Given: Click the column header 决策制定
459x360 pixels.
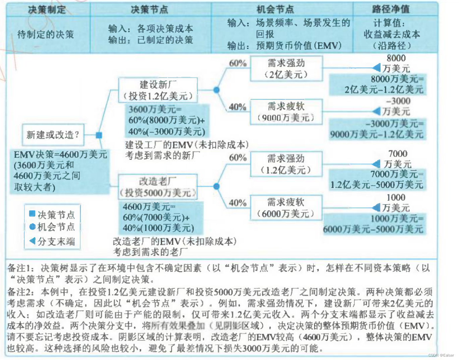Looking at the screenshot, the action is point(47,9).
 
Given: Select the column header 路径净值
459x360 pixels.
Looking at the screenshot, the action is point(391,9).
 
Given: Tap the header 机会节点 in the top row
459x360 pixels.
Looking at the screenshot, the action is point(275,9).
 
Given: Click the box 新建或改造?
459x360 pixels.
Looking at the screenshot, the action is point(53,135).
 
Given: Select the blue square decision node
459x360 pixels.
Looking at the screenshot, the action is point(99,135).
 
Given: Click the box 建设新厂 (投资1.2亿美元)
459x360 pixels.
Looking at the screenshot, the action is point(158,90).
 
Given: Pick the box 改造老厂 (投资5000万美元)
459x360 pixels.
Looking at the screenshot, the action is point(158,187).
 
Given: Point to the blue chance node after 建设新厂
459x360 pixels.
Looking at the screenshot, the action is point(217,90).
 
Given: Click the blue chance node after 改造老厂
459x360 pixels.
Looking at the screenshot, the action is point(217,186).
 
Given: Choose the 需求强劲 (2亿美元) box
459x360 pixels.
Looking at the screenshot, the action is point(286,69).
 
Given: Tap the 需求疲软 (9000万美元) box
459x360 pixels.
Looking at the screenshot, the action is point(286,112).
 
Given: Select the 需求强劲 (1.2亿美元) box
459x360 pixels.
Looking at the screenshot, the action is point(286,164).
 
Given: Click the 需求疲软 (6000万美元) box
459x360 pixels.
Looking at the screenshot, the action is point(286,208).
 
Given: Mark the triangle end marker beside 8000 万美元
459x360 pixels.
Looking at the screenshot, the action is point(377,68).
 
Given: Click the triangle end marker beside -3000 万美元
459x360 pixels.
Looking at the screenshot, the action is point(377,111).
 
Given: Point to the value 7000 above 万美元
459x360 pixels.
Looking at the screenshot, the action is point(398,154).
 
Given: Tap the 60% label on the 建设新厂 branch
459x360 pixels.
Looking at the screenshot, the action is point(238,63).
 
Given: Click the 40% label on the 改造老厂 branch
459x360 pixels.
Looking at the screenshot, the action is point(238,203).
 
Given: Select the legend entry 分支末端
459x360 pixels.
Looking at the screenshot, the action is point(52,241).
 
